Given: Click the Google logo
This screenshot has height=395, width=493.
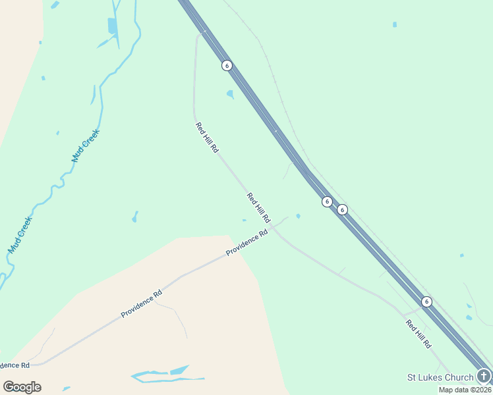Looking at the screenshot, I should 22,387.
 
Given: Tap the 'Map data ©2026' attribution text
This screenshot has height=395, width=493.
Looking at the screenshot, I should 465,390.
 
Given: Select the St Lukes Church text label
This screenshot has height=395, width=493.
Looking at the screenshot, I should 440,377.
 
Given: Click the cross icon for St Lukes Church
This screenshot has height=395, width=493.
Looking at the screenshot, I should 484,377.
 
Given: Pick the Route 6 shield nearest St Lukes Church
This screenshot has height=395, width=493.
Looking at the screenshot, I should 426,302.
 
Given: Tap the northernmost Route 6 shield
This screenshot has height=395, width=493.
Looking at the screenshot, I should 227,66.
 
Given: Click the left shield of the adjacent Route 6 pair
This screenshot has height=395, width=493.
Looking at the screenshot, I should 327,201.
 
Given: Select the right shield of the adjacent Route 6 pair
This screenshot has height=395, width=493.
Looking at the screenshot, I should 342,209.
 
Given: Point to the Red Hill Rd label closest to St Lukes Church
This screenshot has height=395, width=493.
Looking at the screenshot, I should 418,334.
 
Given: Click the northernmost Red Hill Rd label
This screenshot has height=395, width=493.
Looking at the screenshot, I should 206,138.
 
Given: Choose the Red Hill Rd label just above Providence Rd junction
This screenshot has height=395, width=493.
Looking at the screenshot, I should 258,207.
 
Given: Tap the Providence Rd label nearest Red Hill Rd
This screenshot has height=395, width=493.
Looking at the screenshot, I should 246,243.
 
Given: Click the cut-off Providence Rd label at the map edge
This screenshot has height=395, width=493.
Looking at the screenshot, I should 14,365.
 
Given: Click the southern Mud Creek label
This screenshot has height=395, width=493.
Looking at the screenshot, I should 20,236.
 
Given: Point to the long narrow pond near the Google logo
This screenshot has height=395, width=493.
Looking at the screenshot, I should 168,375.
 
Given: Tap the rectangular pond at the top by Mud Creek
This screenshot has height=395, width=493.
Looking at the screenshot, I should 112,26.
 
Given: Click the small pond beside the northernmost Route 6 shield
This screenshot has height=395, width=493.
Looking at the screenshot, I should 230,94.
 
